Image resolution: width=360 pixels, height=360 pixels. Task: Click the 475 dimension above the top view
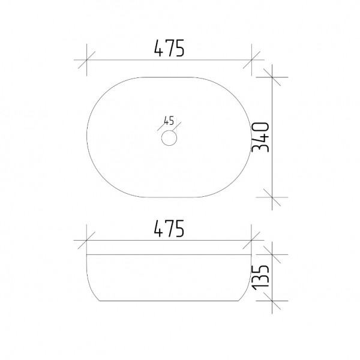169,48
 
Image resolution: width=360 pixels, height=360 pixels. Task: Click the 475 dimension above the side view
169,229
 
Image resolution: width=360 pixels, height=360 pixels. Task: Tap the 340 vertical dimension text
260,137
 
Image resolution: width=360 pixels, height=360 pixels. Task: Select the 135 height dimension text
260,277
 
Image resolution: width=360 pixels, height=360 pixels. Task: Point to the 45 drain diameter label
169,121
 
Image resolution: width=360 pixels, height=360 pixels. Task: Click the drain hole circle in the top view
169,130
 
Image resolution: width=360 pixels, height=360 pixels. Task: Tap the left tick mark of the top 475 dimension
86,60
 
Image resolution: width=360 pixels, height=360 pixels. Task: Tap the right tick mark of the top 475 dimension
251,60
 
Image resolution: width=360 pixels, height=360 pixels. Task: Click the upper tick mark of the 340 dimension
272,77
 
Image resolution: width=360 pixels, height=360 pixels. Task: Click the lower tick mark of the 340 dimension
272,197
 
